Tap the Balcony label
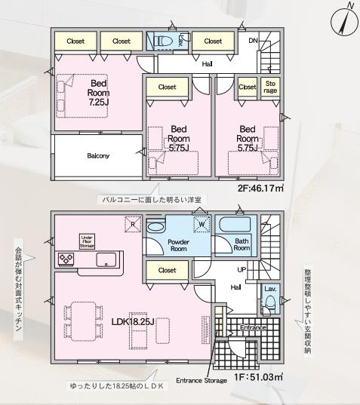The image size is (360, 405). [98, 156]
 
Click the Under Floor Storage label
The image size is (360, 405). [86, 240]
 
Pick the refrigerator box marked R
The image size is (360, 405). [133, 224]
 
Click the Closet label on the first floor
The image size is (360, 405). [168, 270]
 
